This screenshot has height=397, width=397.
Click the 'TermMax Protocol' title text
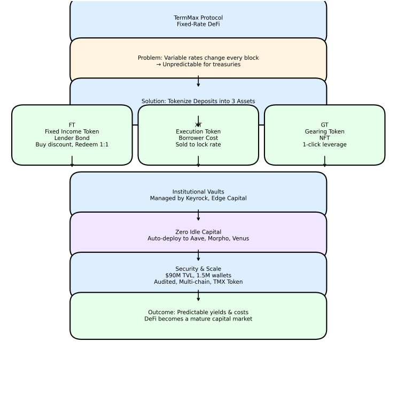(x=198, y=18)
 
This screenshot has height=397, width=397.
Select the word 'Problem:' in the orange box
(x=150, y=58)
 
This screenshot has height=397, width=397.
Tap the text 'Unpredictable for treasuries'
(x=201, y=64)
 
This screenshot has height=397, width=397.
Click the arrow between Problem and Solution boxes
(x=198, y=81)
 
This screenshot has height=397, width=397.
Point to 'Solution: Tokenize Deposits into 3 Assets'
(x=198, y=102)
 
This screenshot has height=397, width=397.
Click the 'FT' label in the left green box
(x=72, y=125)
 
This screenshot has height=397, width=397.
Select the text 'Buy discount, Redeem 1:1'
(x=72, y=145)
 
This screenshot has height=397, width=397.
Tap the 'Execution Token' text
(x=198, y=131)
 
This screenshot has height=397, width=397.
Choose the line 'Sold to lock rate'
(x=198, y=145)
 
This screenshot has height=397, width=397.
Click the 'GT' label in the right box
(x=324, y=125)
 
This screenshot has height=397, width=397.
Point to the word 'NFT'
(x=324, y=138)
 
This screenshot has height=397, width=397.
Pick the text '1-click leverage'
(x=324, y=145)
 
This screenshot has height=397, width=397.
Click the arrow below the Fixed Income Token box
(x=72, y=161)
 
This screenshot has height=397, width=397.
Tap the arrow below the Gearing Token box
(x=324, y=161)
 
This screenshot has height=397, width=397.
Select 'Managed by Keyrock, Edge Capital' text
(x=198, y=198)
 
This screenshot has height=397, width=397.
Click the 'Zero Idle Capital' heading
(x=198, y=232)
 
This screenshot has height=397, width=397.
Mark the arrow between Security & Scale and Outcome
(x=198, y=295)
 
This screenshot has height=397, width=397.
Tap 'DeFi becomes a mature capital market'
(x=198, y=319)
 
